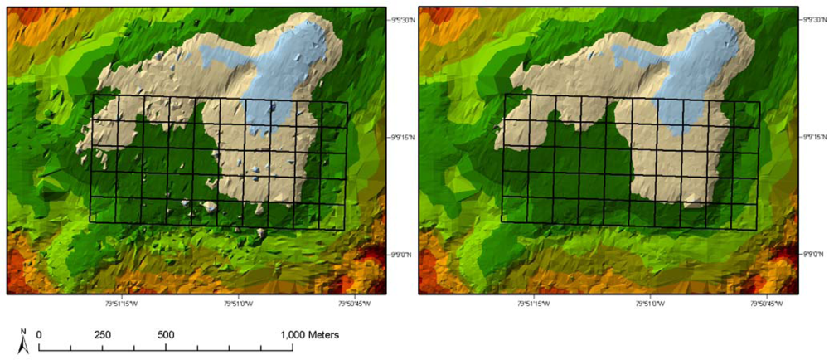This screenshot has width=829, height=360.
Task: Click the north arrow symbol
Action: point(23,341)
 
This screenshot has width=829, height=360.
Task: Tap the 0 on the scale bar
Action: point(39,334)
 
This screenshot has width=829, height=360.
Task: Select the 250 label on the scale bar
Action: point(103,334)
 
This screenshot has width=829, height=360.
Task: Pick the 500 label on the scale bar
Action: point(166,334)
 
